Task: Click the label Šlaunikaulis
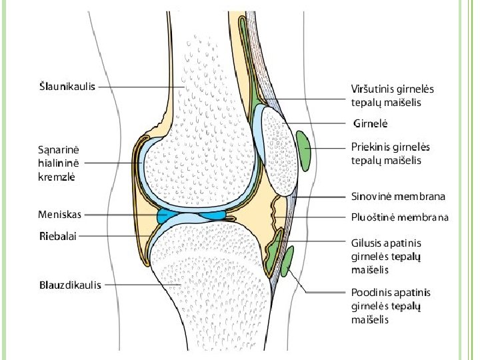(x=67, y=86)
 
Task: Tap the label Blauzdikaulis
(x=70, y=285)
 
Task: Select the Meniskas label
(x=60, y=215)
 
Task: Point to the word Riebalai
(x=58, y=236)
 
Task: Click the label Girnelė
(x=371, y=124)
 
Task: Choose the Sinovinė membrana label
(x=398, y=196)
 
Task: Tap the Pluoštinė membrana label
(x=400, y=217)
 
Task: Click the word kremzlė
(x=57, y=177)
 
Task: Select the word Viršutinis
(x=370, y=89)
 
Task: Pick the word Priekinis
(x=370, y=147)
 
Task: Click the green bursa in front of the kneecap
(x=303, y=151)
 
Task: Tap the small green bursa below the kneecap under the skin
(x=287, y=261)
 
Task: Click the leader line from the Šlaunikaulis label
(x=142, y=87)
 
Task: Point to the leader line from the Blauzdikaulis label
(x=143, y=285)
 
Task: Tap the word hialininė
(x=59, y=163)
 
